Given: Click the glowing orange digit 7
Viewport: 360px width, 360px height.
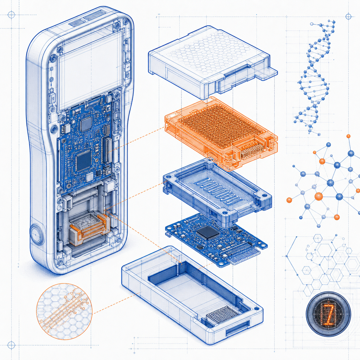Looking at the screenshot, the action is pyautogui.click(x=329, y=314).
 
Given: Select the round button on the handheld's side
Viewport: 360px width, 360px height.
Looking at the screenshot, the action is pyautogui.click(x=36, y=234).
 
